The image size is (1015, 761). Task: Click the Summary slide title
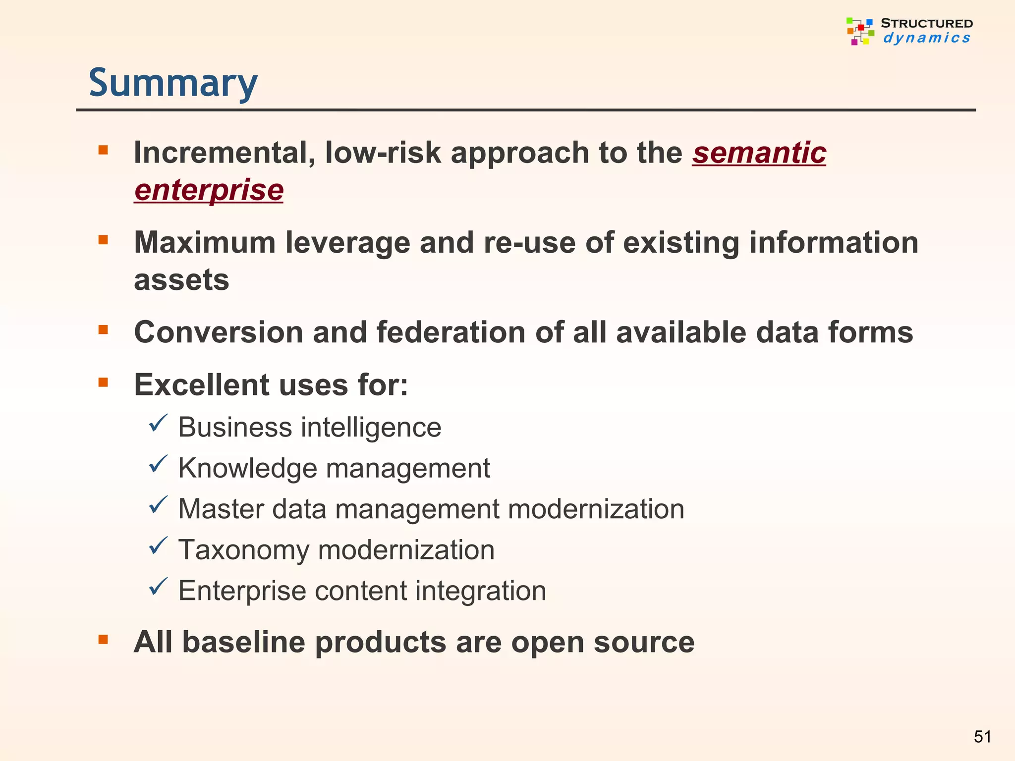tap(173, 83)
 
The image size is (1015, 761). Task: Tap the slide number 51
tap(982, 737)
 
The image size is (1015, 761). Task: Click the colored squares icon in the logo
tap(860, 31)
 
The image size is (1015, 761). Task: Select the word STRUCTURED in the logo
tap(926, 23)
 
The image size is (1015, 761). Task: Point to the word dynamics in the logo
tap(926, 38)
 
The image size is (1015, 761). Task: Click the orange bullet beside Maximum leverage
tap(103, 240)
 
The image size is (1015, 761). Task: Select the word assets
tap(181, 280)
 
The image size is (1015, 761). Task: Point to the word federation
tap(451, 332)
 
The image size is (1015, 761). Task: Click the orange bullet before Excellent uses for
tap(103, 382)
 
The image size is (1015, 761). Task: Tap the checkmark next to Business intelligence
tap(158, 423)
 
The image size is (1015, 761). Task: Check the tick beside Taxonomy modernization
tap(158, 545)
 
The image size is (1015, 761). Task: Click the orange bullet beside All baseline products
tap(103, 640)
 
